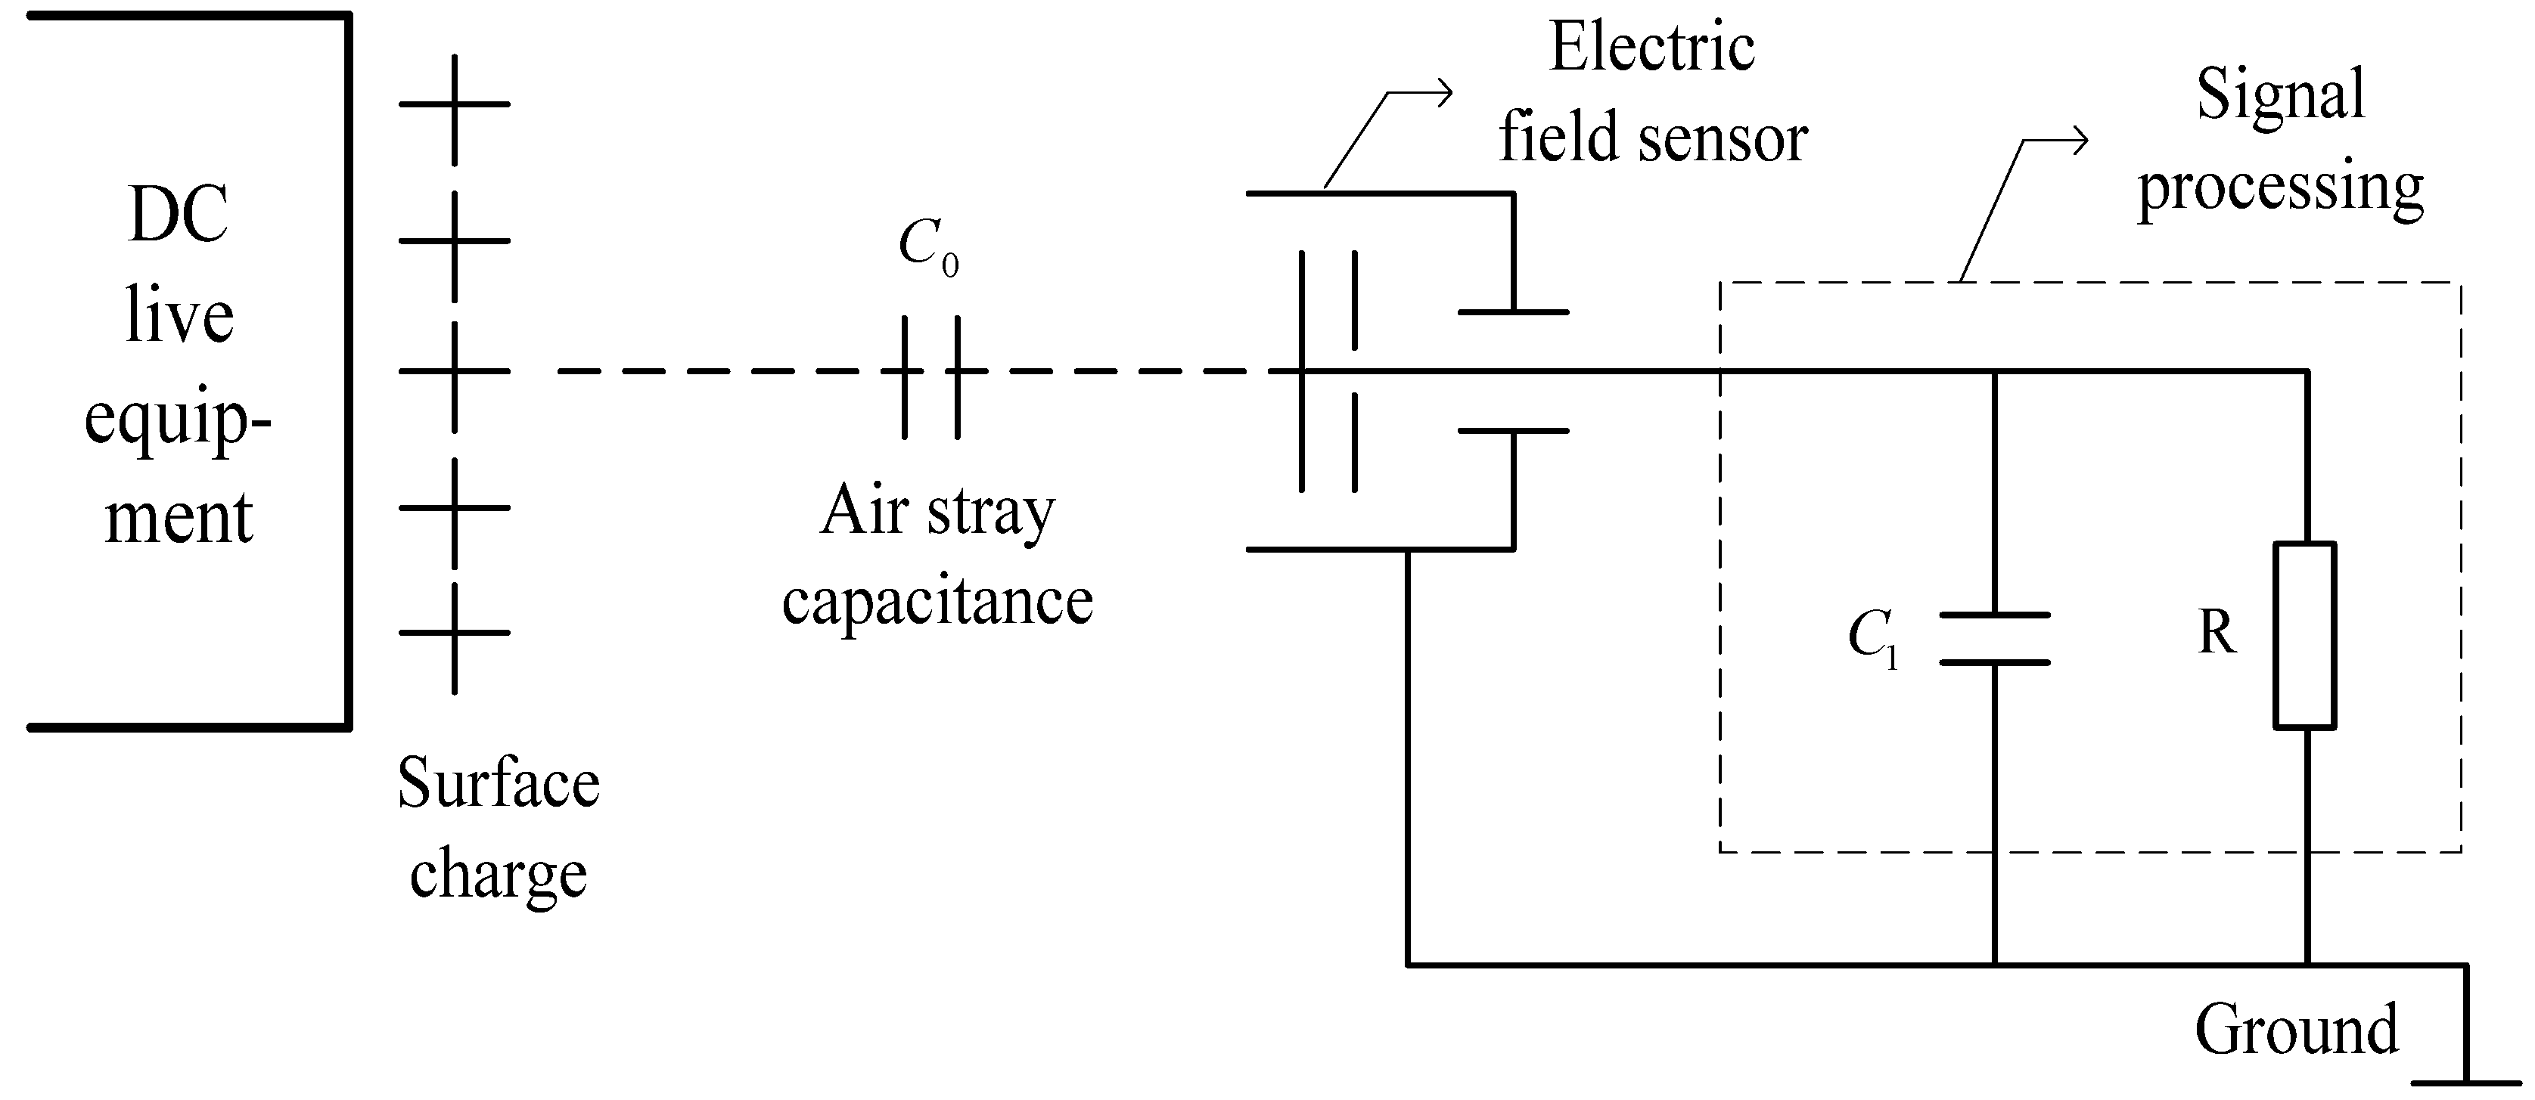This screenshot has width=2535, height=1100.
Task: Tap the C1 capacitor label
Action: click(x=1872, y=637)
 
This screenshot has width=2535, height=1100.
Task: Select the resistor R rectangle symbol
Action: click(x=2305, y=636)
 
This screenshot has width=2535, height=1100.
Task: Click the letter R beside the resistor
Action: click(x=2217, y=633)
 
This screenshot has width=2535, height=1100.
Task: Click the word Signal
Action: click(x=2280, y=95)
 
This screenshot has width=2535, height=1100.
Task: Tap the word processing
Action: click(x=2280, y=187)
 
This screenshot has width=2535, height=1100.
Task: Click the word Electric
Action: click(x=1652, y=47)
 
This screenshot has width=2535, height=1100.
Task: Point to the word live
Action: click(x=179, y=316)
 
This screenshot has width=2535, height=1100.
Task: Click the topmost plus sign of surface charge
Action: click(x=455, y=104)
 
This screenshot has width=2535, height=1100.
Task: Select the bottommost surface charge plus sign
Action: click(x=455, y=633)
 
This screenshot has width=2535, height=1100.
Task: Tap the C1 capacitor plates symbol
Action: click(x=1994, y=640)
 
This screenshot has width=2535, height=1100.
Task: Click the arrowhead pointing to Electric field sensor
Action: click(x=1446, y=94)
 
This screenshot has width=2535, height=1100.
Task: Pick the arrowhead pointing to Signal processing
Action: click(x=2080, y=141)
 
